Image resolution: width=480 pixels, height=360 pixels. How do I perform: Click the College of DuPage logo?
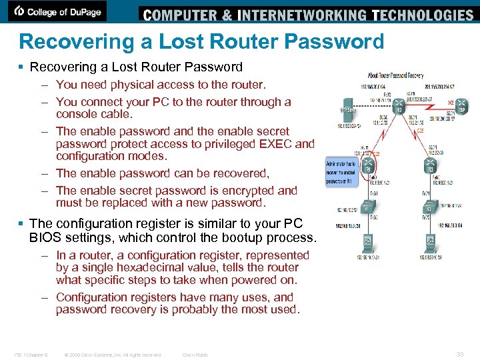[x=60, y=11]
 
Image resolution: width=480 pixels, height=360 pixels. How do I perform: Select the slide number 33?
[x=459, y=355]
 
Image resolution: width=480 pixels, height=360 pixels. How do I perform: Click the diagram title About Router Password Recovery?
[x=396, y=75]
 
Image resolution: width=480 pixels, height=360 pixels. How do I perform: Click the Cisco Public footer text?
[x=195, y=355]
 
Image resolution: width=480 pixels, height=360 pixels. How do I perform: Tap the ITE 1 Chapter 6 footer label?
[x=30, y=355]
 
